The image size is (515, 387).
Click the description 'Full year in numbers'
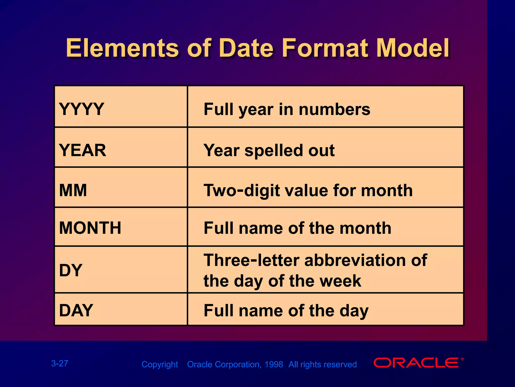click(287, 109)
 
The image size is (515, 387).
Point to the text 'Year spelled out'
click(269, 150)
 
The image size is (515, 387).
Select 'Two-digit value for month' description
click(308, 190)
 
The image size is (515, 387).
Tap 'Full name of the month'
click(297, 228)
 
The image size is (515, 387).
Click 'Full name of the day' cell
click(286, 310)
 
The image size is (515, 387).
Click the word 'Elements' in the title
click(122, 48)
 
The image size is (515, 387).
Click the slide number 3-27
click(60, 363)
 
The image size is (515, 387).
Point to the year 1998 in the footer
click(274, 364)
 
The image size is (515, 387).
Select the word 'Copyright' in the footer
click(160, 364)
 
